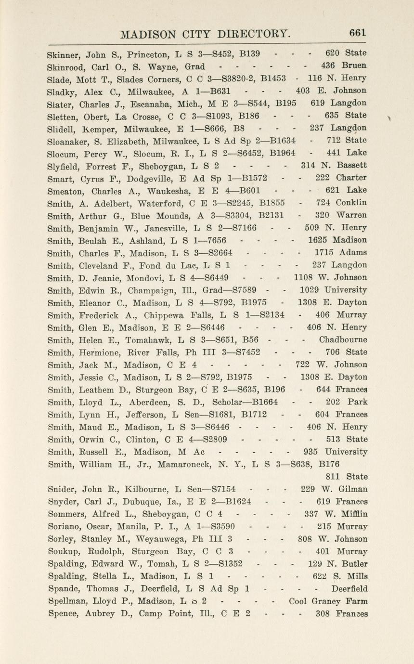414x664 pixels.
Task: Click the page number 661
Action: click(x=358, y=33)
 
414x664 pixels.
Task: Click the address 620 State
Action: click(x=346, y=53)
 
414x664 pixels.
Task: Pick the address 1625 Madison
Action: click(x=337, y=240)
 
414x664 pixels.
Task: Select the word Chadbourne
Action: click(x=343, y=339)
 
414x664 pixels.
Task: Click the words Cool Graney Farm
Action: click(x=328, y=601)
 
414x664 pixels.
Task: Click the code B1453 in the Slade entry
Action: click(x=272, y=78)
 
